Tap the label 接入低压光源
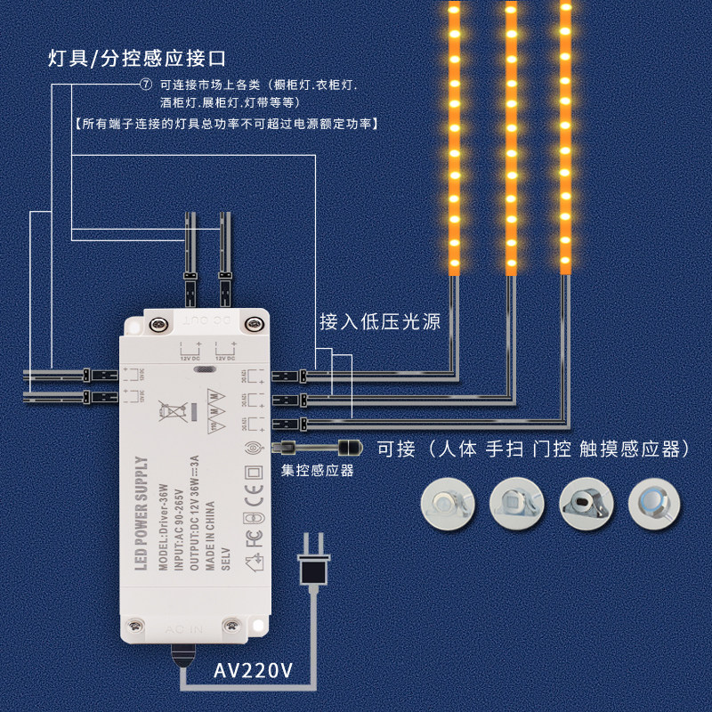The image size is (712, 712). pyautogui.click(x=380, y=321)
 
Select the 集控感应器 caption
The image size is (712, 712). pyautogui.click(x=318, y=470)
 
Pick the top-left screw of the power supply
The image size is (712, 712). pyautogui.click(x=160, y=326)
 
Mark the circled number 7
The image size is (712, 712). pyautogui.click(x=147, y=85)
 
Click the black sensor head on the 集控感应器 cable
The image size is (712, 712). pyautogui.click(x=349, y=446)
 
